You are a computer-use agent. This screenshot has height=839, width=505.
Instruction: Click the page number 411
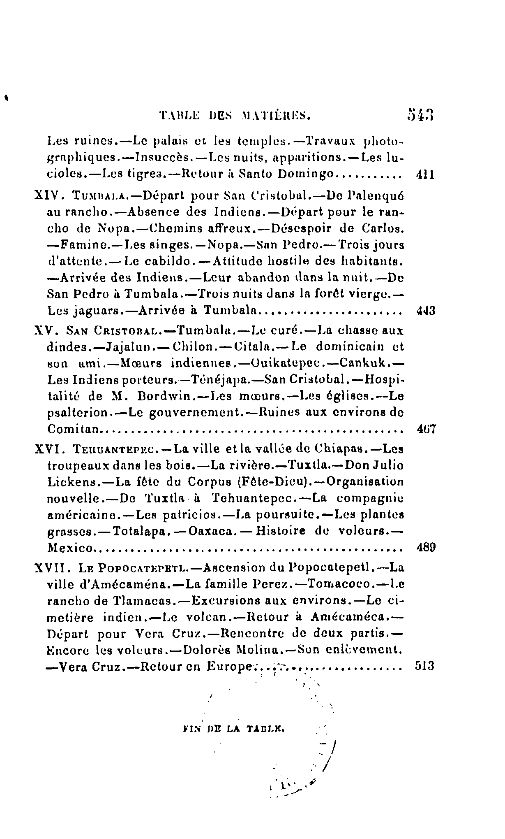[423, 174]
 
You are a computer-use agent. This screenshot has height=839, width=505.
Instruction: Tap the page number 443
[423, 310]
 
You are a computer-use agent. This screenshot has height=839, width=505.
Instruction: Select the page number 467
[423, 430]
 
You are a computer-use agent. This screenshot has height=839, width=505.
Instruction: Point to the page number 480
[423, 548]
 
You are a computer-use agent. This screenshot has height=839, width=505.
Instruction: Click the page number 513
[423, 666]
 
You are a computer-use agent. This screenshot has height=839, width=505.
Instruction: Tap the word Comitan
[74, 430]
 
